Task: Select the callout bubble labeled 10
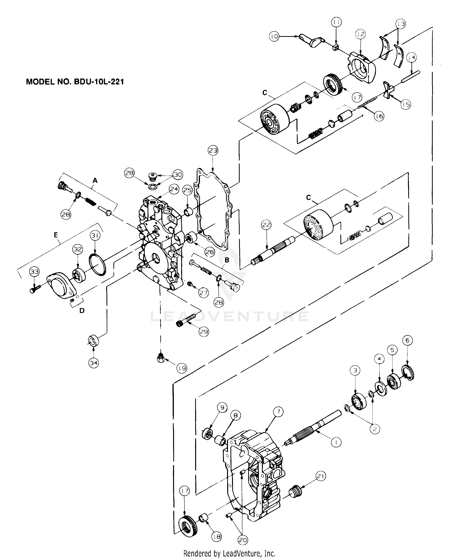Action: click(x=274, y=36)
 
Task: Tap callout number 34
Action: click(x=94, y=363)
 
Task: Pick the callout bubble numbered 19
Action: click(x=182, y=368)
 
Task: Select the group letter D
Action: click(x=82, y=310)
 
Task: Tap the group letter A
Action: click(x=95, y=180)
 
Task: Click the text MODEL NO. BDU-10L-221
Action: click(x=75, y=82)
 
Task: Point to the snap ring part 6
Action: click(x=409, y=373)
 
